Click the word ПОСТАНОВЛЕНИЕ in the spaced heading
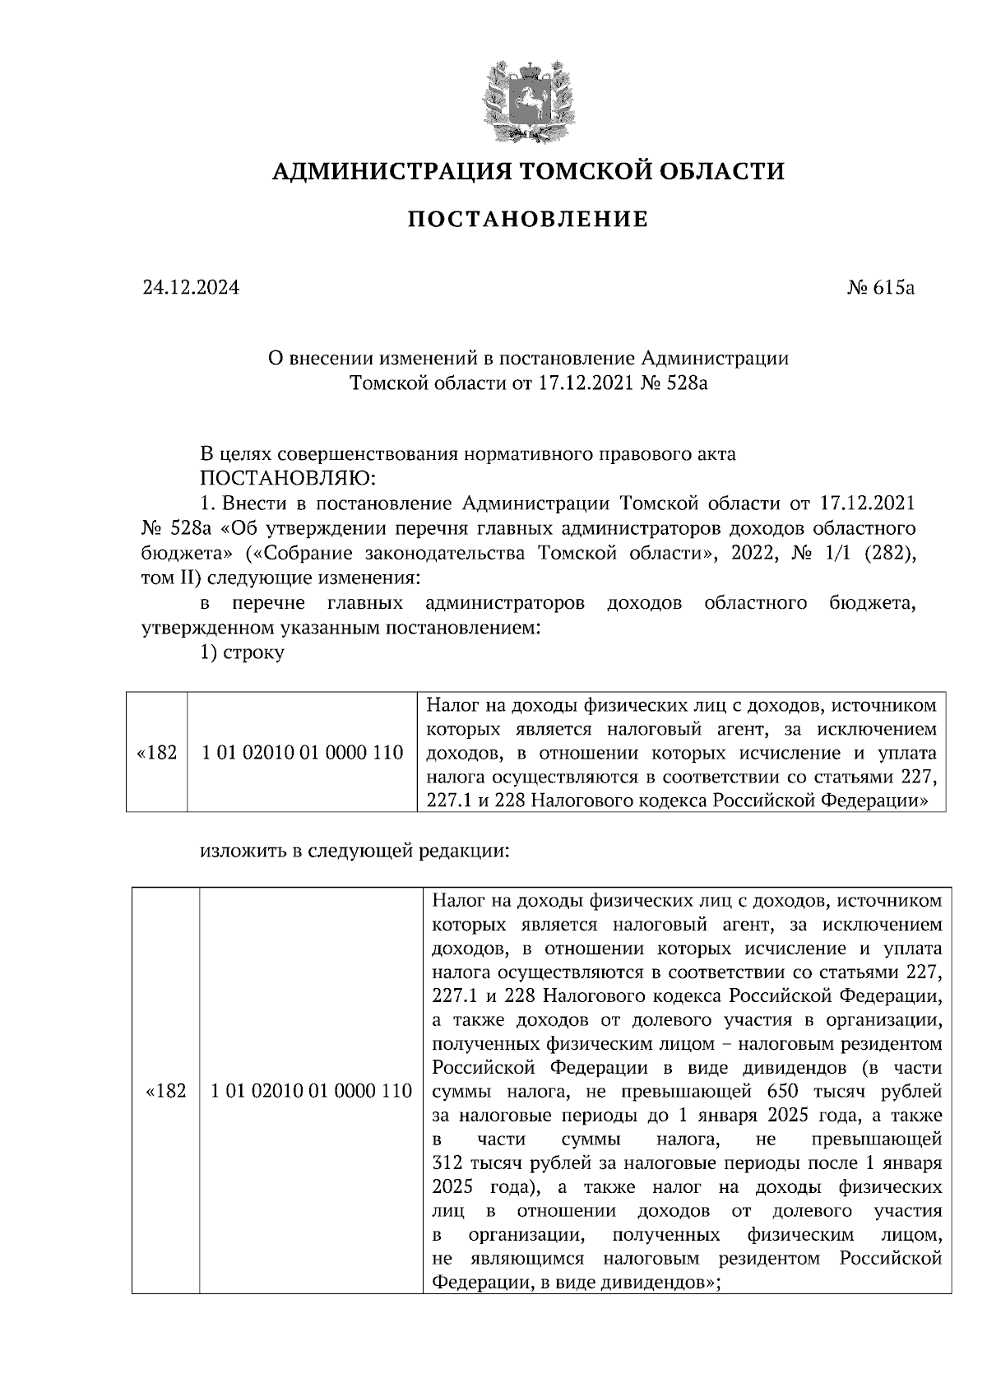point(528,220)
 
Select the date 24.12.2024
point(191,288)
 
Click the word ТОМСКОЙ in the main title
point(577,171)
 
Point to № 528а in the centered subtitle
point(674,383)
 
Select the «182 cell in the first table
point(156,752)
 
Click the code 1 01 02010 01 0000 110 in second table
point(310,1091)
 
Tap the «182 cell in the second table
point(165,1091)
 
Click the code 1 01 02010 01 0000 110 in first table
point(302,752)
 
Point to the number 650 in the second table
point(782,1092)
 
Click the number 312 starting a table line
point(447,1164)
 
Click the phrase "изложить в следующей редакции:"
point(355,852)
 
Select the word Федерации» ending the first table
point(879,800)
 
